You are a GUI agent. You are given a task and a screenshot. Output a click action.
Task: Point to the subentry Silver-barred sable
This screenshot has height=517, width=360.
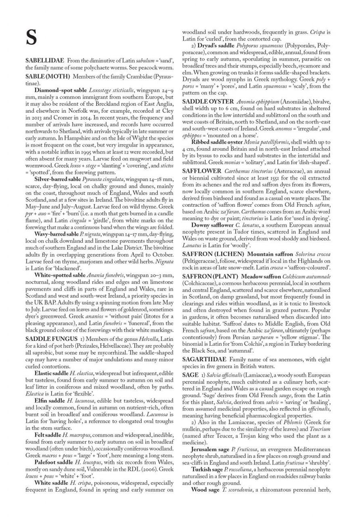(x=59, y=178)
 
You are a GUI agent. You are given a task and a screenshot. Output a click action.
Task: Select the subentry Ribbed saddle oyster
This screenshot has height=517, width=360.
(x=217, y=143)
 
